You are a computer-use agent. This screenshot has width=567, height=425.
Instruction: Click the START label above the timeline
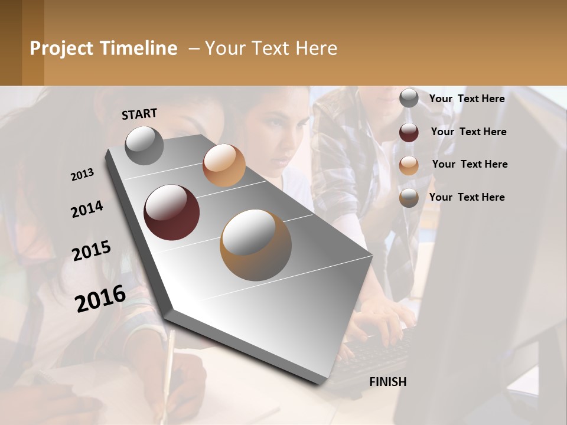tap(139, 114)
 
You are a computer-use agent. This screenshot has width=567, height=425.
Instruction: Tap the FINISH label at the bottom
tap(387, 382)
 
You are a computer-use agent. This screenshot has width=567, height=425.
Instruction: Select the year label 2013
tap(83, 175)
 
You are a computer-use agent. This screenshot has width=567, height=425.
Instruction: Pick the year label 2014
tap(87, 210)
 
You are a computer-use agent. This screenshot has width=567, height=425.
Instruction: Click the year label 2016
tap(100, 298)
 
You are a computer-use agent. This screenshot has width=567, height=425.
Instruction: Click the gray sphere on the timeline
tap(145, 146)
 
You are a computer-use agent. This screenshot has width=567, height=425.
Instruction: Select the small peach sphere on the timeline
tap(224, 165)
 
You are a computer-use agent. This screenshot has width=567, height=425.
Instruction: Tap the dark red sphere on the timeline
tap(172, 212)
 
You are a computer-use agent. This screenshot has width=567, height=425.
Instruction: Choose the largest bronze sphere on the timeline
tap(256, 245)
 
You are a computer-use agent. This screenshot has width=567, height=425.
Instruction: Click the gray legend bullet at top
tap(409, 99)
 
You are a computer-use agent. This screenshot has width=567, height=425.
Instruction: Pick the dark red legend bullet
tap(409, 132)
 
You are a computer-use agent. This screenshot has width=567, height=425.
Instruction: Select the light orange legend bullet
tap(409, 165)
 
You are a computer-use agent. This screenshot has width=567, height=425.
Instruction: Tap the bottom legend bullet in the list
tap(409, 198)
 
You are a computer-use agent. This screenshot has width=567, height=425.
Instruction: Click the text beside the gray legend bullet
tap(467, 99)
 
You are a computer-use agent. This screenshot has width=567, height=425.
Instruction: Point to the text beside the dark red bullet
tap(468, 132)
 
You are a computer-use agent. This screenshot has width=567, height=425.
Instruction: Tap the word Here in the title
tap(316, 48)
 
